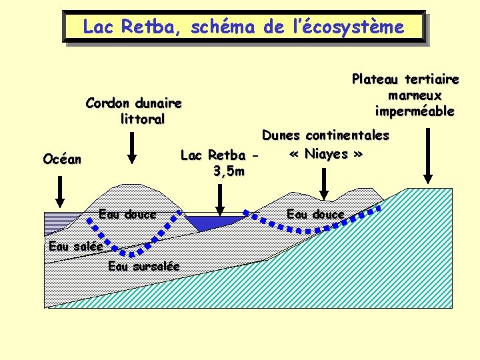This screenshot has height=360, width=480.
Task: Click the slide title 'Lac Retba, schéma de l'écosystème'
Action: pyautogui.click(x=243, y=27)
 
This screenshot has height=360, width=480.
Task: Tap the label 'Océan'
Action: pyautogui.click(x=62, y=159)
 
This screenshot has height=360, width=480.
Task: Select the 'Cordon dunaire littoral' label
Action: pyautogui.click(x=133, y=111)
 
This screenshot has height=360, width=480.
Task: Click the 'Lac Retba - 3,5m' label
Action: pyautogui.click(x=219, y=163)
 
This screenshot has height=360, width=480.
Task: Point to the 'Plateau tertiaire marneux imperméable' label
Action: pyautogui.click(x=405, y=95)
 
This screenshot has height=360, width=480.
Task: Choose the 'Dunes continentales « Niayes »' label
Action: pyautogui.click(x=325, y=145)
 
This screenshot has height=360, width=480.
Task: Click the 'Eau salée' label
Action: pyautogui.click(x=75, y=247)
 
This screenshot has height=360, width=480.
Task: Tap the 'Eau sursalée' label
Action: pyautogui.click(x=143, y=266)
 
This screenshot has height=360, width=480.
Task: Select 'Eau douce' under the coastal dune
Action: pyautogui.click(x=127, y=214)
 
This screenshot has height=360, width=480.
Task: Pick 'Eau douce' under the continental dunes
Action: pyautogui.click(x=315, y=214)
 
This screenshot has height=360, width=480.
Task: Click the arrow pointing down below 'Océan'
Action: pyautogui.click(x=61, y=193)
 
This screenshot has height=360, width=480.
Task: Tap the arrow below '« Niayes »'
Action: pyautogui.click(x=323, y=185)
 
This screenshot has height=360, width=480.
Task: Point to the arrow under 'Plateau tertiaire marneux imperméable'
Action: pyautogui.click(x=428, y=157)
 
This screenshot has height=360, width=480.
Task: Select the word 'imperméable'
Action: pyautogui.click(x=415, y=111)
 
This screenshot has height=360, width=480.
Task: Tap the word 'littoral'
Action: pyautogui.click(x=143, y=119)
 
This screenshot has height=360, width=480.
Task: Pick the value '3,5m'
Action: pyautogui.click(x=228, y=172)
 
